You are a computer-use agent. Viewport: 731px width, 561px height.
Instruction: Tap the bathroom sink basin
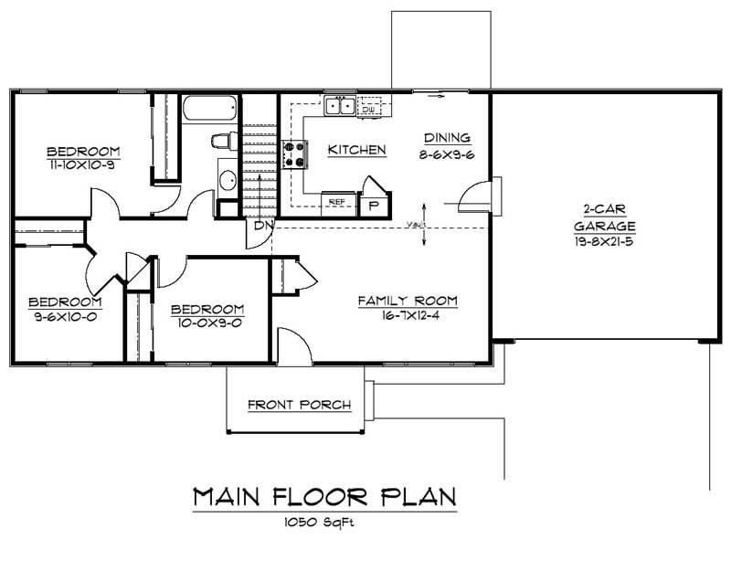(227, 177)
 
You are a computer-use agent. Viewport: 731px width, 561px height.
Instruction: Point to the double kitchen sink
(343, 107)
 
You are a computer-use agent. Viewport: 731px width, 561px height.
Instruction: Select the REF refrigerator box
(336, 200)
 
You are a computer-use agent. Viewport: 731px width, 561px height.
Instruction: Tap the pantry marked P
(375, 204)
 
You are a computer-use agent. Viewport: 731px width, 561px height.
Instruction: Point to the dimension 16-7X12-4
(407, 315)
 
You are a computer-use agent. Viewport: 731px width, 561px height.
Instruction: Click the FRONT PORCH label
(299, 405)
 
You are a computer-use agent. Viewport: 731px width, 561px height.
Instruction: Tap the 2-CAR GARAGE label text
(604, 217)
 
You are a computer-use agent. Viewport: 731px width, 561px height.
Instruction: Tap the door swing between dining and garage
(475, 194)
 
